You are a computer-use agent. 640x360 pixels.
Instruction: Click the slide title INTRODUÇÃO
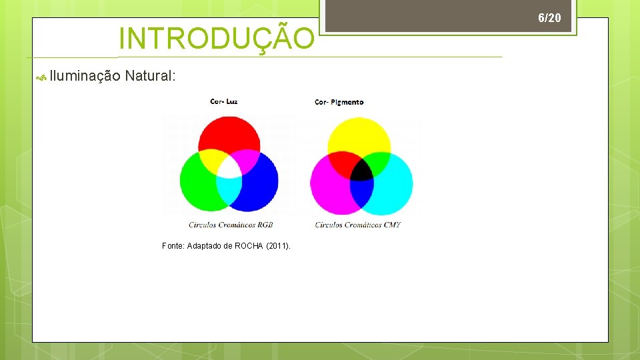pyautogui.click(x=216, y=39)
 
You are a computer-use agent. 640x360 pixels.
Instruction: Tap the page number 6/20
pyautogui.click(x=549, y=18)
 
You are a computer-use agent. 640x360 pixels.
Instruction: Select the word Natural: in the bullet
pyautogui.click(x=151, y=76)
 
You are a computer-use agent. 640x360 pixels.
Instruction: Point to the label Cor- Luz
pyautogui.click(x=223, y=101)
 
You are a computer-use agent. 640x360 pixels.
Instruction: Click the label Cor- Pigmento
pyautogui.click(x=339, y=102)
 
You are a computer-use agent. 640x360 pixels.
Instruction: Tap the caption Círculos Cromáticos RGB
pyautogui.click(x=231, y=225)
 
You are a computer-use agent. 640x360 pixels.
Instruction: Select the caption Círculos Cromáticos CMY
pyautogui.click(x=358, y=225)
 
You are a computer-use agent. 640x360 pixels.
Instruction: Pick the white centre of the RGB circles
pyautogui.click(x=229, y=167)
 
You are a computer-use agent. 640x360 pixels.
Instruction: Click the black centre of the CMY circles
pyautogui.click(x=361, y=169)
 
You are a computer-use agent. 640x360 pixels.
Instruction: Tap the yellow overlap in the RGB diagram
pyautogui.click(x=213, y=159)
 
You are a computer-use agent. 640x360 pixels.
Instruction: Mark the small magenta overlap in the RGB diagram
pyautogui.click(x=245, y=159)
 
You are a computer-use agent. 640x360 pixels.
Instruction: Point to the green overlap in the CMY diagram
pyautogui.click(x=378, y=162)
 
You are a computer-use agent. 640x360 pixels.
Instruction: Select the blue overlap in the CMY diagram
pyautogui.click(x=361, y=193)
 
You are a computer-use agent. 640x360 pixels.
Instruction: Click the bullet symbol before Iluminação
pyautogui.click(x=41, y=78)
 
